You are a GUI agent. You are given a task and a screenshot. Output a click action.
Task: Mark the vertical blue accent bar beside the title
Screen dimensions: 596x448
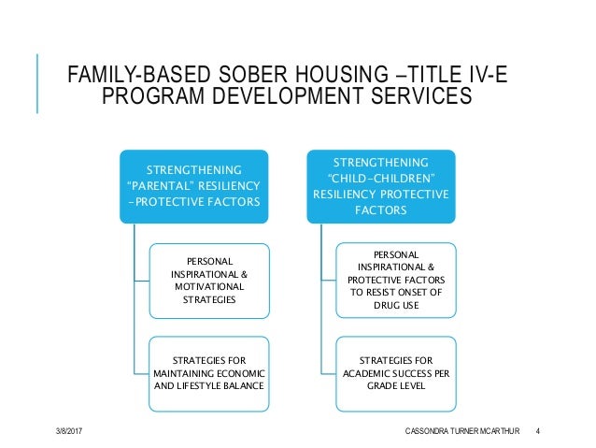point(38,84)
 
